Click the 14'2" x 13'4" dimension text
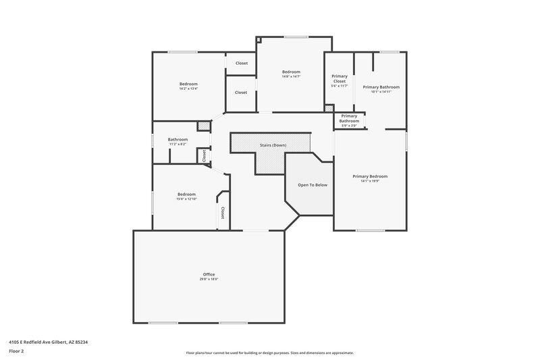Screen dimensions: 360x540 tap(188, 88)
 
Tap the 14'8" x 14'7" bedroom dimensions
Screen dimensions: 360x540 tap(291, 76)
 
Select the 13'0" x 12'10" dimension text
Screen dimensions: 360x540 tap(186, 199)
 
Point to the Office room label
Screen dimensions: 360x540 tap(209, 274)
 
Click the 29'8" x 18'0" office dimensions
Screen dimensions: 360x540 tap(209, 279)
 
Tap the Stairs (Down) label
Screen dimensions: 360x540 tap(273, 145)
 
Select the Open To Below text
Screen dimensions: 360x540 tap(313, 184)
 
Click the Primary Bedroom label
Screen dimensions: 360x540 tap(370, 176)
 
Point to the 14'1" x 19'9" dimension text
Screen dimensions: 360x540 tap(370, 181)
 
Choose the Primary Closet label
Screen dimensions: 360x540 tap(340, 79)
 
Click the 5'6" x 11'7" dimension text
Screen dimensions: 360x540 tap(340, 86)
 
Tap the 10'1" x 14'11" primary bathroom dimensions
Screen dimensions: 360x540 tap(381, 91)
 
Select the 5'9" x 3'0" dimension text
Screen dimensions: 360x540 tap(349, 126)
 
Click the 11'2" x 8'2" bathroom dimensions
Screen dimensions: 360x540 tap(178, 144)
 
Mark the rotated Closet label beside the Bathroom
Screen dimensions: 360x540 tap(203, 155)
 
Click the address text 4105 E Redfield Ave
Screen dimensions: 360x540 tap(48, 342)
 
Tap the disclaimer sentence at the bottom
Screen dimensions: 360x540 tap(269, 353)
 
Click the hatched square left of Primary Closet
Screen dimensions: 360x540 tap(329, 108)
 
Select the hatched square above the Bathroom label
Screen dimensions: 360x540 tap(202, 126)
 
